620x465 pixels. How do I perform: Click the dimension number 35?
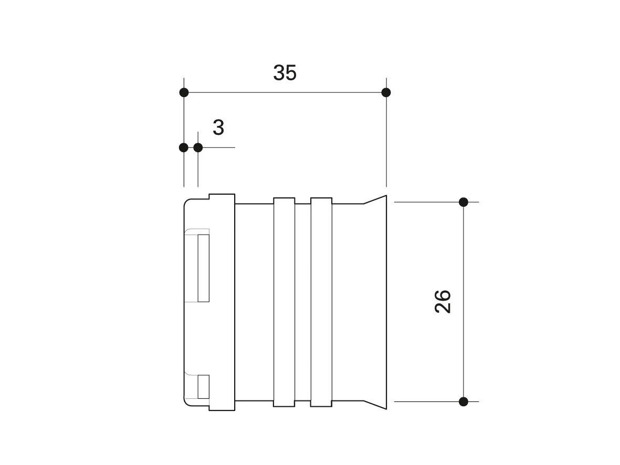(285, 73)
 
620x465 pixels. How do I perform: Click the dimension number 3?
(218, 128)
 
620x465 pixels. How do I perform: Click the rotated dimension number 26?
(443, 302)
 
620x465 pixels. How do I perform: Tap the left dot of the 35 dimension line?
(184, 92)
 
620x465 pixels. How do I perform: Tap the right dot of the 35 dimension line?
(386, 92)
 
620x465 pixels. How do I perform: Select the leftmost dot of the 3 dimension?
(183, 147)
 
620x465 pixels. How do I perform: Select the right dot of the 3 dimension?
(198, 147)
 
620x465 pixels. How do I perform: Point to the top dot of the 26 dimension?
(464, 202)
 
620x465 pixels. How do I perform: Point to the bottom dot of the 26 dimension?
(464, 401)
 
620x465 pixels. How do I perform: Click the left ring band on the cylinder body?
(284, 302)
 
